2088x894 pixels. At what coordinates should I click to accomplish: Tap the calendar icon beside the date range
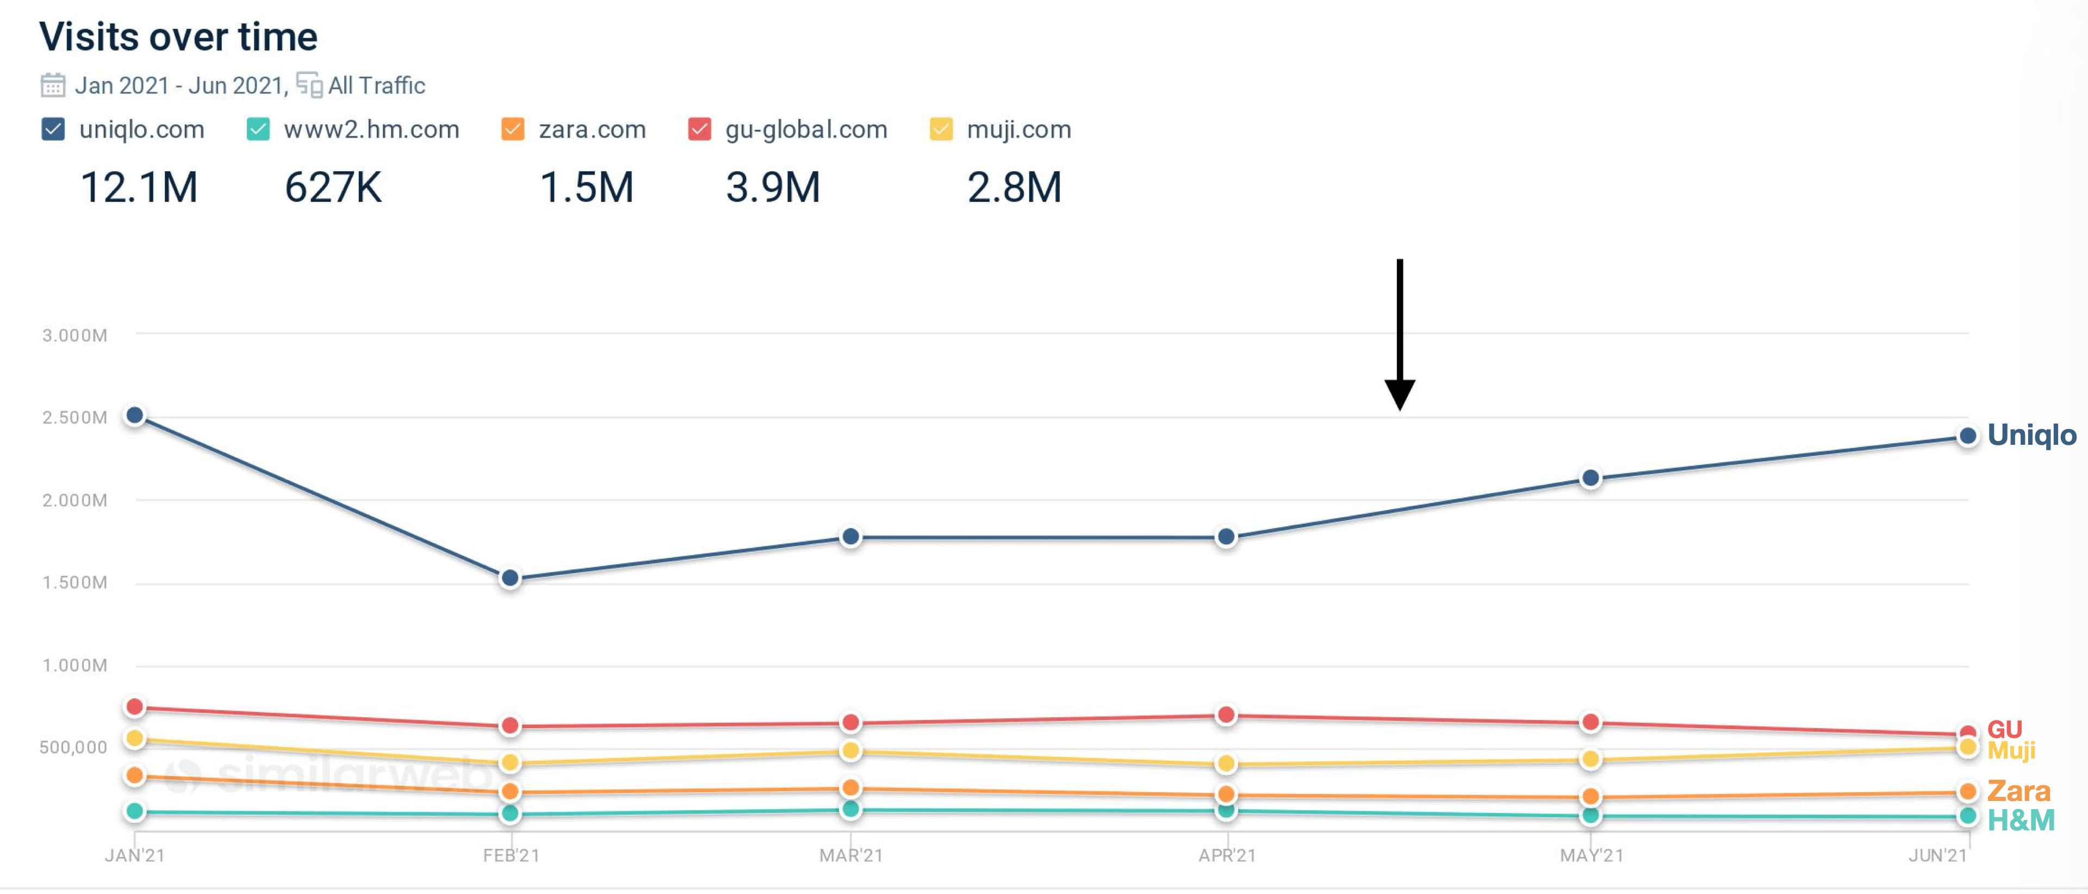[x=53, y=85]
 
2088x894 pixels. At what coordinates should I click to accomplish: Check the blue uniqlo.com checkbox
[x=53, y=129]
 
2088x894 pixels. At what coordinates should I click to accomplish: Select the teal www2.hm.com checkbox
[x=258, y=129]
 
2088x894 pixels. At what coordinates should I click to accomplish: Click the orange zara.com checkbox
[x=513, y=129]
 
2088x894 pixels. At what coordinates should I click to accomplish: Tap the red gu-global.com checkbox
[x=699, y=129]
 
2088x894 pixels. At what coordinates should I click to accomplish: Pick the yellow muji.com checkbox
[x=941, y=129]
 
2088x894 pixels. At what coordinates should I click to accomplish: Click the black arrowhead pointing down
[x=1400, y=395]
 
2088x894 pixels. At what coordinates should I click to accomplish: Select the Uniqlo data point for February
[x=510, y=578]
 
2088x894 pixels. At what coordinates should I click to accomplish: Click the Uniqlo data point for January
[x=135, y=416]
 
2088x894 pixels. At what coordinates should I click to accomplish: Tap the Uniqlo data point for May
[x=1591, y=478]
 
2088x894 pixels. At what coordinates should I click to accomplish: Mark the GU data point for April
[x=1226, y=715]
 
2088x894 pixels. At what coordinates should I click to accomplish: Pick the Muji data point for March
[x=850, y=750]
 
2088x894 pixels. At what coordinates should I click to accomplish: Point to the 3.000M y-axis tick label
[x=74, y=336]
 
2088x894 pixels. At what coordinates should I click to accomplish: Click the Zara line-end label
[x=2018, y=791]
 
